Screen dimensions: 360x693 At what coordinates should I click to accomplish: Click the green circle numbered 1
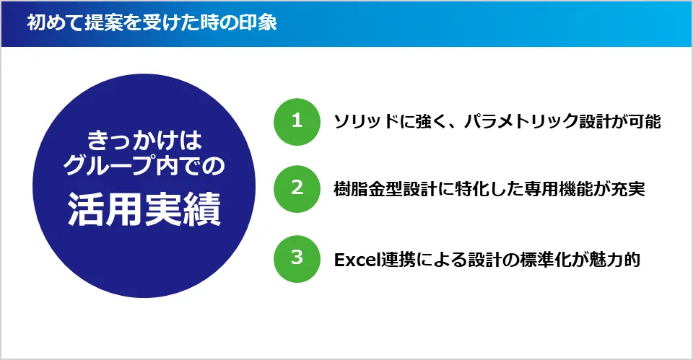[296, 121]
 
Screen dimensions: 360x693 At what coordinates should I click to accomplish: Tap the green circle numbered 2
[296, 188]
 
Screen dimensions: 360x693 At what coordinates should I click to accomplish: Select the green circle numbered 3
[296, 258]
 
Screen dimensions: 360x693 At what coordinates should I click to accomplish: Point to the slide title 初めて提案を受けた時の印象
[151, 23]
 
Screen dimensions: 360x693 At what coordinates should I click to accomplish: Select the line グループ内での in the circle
[144, 167]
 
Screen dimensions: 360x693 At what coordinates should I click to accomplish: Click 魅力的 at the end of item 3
[613, 259]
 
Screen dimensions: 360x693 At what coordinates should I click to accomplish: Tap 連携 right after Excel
[399, 259]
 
